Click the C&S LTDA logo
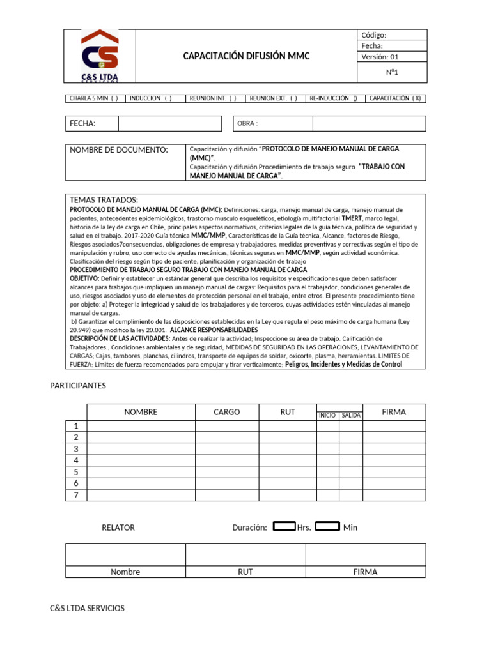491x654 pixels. point(100,56)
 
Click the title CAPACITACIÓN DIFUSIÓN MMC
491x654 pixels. point(246,56)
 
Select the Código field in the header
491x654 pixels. point(391,35)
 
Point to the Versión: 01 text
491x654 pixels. point(380,57)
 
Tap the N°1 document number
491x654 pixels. point(391,72)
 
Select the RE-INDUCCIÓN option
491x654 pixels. point(334,98)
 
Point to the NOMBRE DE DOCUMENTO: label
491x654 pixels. point(119,149)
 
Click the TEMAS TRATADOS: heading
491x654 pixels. point(103,200)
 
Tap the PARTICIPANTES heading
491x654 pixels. point(78,385)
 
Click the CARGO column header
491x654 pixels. point(227,412)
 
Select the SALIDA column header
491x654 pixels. point(351,415)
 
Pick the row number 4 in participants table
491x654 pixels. point(76,460)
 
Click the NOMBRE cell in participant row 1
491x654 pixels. point(141,426)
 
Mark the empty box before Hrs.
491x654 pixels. point(284,526)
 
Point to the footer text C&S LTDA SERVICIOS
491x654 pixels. point(88,608)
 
